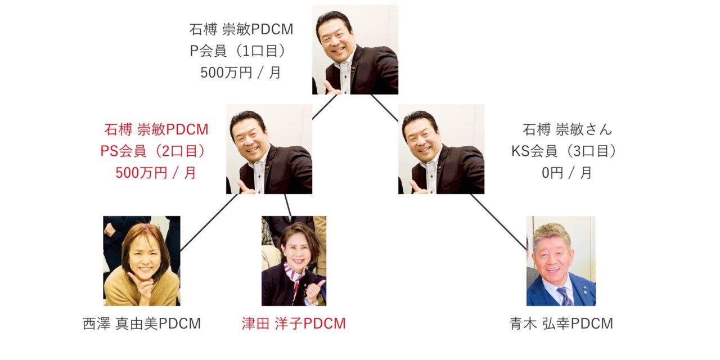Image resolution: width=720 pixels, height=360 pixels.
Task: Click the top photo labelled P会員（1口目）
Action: coord(355,49)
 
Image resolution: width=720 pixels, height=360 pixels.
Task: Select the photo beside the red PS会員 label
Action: coord(269,149)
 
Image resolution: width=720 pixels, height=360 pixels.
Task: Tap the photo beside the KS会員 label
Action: coord(442,149)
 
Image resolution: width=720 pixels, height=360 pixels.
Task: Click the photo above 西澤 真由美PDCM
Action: coord(142,260)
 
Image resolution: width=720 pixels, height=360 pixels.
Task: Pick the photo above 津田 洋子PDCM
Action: coord(294,260)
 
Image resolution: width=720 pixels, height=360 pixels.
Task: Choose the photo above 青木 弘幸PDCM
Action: coord(561,260)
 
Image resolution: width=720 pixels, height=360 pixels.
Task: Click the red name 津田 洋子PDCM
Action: coord(294,323)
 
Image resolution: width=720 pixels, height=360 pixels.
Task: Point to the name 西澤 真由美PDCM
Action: coord(142,323)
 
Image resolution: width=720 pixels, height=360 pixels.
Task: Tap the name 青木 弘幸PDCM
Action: coord(561,323)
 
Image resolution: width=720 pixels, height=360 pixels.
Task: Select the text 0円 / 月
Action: coord(566,173)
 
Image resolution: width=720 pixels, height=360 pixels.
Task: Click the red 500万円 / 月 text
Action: coord(156,173)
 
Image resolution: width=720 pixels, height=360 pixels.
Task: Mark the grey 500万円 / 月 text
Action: coord(240,73)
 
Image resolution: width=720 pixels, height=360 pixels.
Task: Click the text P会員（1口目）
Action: coord(238,51)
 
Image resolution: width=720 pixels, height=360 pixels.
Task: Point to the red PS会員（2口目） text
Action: coord(153,151)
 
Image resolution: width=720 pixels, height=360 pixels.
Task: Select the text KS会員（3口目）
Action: coord(564,151)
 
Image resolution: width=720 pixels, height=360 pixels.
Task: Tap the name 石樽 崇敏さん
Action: coord(568,129)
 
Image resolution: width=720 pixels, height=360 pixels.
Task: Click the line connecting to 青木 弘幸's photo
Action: coord(498,222)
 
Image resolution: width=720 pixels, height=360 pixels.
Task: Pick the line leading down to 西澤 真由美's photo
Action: coord(209,222)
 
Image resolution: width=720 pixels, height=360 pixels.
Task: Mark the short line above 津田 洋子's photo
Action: coord(288,205)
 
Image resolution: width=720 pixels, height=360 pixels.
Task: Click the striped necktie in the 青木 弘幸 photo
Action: coord(564,296)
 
